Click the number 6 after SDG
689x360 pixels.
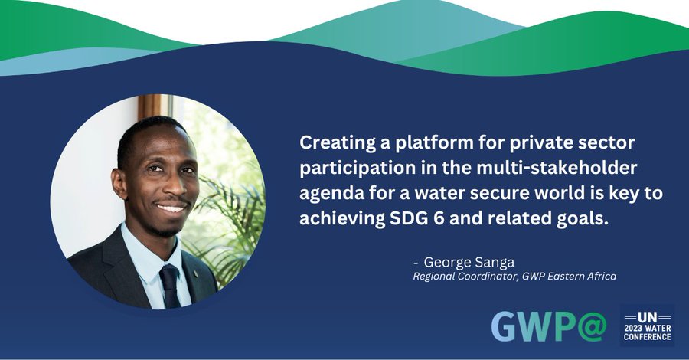click(x=439, y=218)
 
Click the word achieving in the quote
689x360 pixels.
click(x=342, y=218)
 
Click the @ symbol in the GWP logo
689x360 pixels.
click(x=592, y=326)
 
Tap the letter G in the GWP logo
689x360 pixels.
click(x=505, y=326)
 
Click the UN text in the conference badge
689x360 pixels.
click(x=647, y=317)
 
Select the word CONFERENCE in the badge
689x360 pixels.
click(x=647, y=337)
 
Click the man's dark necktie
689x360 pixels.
click(x=171, y=286)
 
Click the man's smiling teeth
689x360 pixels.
click(x=171, y=208)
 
